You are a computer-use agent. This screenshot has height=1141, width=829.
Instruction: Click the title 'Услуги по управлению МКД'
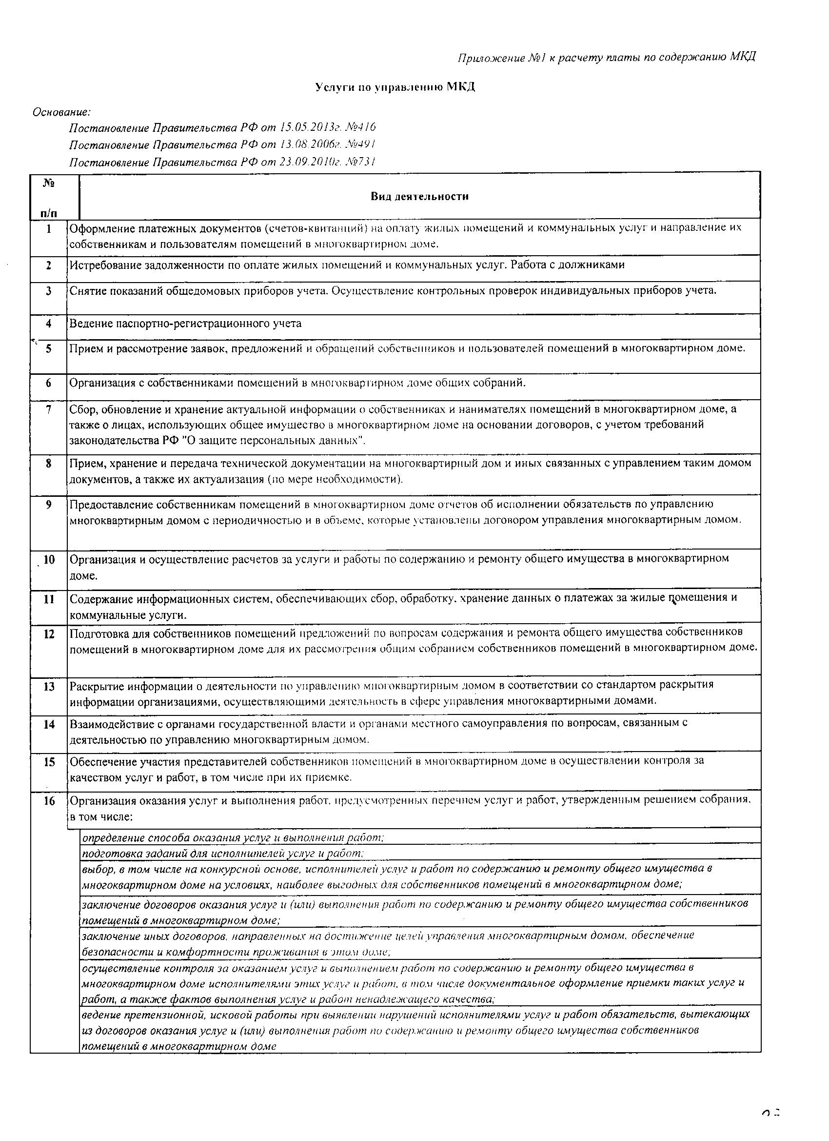[x=395, y=87]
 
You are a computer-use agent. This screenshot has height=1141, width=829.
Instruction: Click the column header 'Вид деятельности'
[x=419, y=196]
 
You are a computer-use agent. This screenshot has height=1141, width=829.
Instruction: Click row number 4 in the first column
[x=48, y=324]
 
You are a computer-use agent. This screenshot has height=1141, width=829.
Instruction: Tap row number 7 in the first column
[x=48, y=409]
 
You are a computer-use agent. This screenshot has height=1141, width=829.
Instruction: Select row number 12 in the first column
[x=49, y=634]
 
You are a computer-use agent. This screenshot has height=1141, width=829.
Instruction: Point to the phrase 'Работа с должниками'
[x=568, y=265]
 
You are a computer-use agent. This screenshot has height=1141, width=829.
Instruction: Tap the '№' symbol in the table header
[x=49, y=183]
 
